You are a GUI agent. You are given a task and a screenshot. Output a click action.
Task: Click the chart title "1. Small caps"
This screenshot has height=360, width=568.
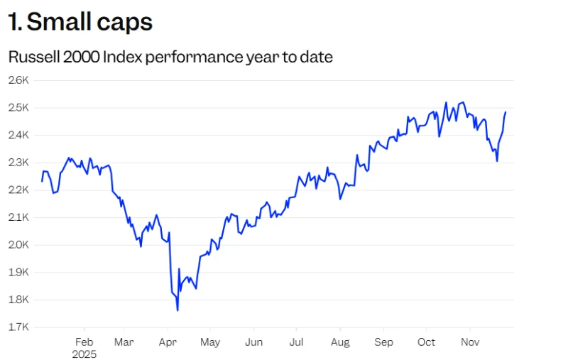tap(80, 22)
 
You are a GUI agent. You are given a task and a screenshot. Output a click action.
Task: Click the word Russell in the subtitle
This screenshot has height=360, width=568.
tap(33, 57)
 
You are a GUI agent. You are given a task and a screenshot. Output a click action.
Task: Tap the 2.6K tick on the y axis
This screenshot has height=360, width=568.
tap(18, 80)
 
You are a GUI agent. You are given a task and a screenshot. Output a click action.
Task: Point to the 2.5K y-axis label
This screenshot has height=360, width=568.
tap(18, 107)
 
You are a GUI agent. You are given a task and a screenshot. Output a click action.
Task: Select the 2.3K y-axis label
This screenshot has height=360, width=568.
tap(18, 162)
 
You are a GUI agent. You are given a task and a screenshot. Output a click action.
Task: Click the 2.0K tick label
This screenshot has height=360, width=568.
tap(18, 244)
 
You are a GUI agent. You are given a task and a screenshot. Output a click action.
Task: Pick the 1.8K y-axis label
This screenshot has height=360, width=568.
tap(18, 300)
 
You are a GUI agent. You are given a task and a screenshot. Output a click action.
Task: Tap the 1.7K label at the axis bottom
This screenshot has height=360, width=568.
tap(18, 327)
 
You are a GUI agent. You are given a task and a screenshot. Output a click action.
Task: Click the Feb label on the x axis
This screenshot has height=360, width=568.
tap(84, 342)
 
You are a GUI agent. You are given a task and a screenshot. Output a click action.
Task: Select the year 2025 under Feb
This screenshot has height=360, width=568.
tap(84, 354)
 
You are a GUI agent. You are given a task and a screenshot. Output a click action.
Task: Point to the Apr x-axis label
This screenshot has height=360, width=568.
tap(167, 342)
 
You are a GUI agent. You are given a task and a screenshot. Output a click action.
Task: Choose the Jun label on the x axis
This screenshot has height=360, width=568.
tap(253, 342)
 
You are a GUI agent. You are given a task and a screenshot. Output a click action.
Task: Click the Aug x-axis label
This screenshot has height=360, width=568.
tap(340, 342)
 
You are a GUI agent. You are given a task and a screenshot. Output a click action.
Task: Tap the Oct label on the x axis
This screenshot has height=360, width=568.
tap(427, 342)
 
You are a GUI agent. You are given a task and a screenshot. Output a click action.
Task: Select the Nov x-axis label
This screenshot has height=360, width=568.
tap(470, 342)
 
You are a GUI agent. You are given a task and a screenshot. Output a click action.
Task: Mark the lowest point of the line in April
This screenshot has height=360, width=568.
tap(177, 310)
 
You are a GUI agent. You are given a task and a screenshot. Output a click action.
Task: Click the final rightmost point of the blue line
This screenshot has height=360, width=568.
tap(506, 111)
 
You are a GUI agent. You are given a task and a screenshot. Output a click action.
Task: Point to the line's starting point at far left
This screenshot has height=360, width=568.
tap(42, 182)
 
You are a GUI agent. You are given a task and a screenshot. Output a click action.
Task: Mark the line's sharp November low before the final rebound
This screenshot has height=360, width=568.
tap(497, 161)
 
